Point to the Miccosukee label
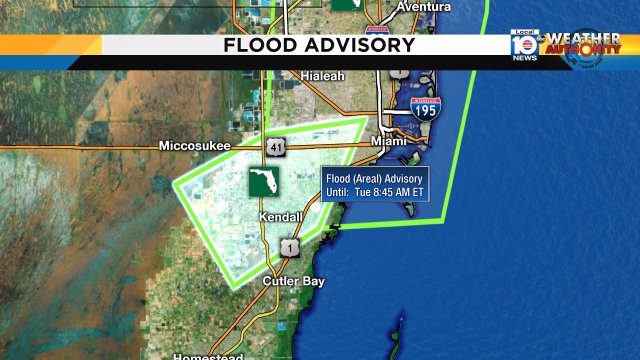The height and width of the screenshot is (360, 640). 194,146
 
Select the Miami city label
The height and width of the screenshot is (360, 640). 389,141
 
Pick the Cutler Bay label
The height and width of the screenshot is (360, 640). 294,282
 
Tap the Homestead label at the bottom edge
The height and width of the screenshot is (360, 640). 208,355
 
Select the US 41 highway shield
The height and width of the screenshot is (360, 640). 274,147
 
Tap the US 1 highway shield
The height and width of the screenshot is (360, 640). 289,247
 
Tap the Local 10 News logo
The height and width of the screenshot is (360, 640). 524,45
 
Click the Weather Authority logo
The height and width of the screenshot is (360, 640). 581,46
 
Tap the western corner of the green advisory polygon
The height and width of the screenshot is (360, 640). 176,183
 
